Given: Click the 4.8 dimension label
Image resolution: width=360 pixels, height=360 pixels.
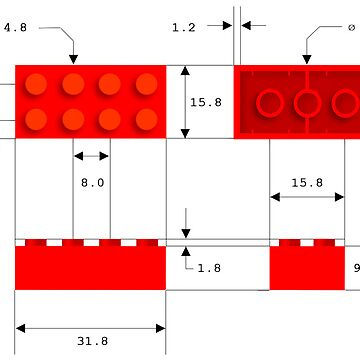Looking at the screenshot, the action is tap(15, 28).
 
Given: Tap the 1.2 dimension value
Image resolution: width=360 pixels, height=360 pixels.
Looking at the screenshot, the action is tap(184, 28).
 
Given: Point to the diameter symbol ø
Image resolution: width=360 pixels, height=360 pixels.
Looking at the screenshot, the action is tap(351, 28).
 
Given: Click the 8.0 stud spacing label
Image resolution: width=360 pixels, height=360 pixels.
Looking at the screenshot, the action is tap(92, 183).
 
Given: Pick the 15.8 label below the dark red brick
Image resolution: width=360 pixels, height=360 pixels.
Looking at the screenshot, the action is tap(306, 183).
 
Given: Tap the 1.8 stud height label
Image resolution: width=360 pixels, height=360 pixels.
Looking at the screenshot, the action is tap(209, 268).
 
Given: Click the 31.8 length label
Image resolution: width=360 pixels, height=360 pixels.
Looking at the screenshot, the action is tap(92, 341).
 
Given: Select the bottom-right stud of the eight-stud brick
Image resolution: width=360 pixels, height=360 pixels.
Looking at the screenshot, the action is tap(146, 120).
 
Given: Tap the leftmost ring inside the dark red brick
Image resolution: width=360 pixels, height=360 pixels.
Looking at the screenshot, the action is tap(270, 102).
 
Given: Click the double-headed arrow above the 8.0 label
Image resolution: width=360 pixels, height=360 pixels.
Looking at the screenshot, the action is tap(92, 156).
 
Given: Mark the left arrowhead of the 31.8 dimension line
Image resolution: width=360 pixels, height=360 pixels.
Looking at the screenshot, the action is tap(20, 327).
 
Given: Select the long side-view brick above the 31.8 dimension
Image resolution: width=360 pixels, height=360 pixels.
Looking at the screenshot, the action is tap(90, 268).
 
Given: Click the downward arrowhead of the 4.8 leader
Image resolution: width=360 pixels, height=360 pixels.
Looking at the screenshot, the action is tap(72, 59).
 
